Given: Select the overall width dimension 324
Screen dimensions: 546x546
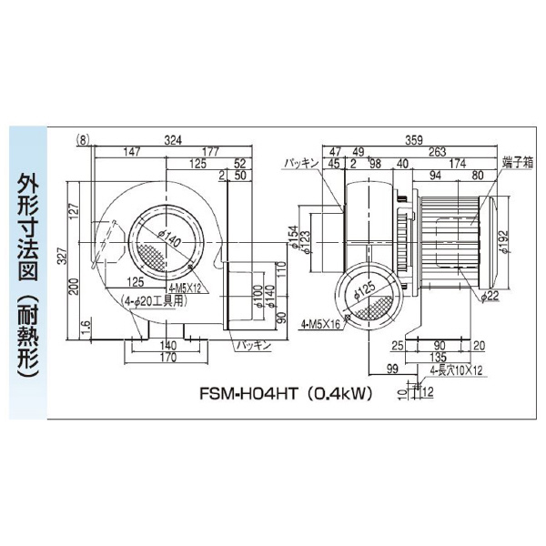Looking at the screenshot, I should click(171, 139).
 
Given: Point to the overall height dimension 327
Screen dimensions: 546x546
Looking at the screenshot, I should click(62, 258).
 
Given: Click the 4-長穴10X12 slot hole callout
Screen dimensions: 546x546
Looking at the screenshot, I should click(450, 370).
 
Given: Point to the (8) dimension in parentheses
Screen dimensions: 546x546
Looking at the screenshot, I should click(84, 139).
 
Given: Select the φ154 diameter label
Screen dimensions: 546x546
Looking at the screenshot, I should click(292, 234).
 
